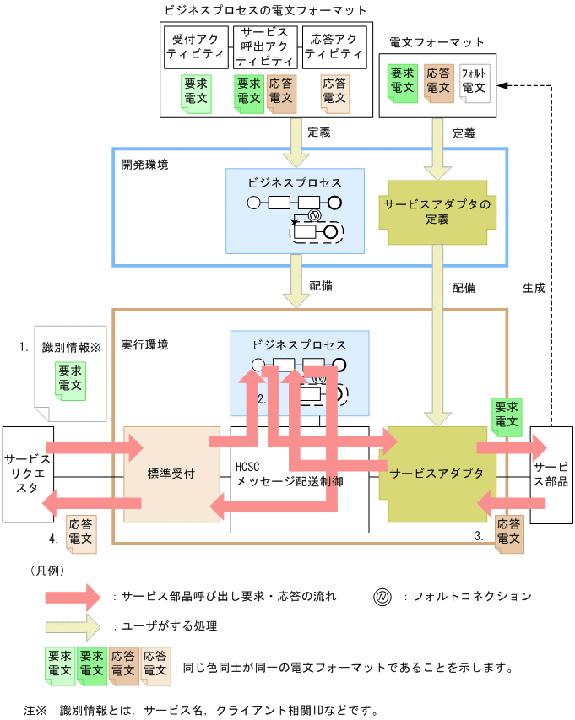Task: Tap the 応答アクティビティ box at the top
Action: coord(334,46)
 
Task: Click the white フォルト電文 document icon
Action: coord(475,82)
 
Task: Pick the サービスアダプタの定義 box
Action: coord(437,212)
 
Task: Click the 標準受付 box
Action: coord(171,474)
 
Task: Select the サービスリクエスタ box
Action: coord(27,474)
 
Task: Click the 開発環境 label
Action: coord(144,164)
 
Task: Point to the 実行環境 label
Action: coord(144,345)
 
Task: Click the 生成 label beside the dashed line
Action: coord(534,287)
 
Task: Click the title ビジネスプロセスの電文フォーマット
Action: coord(264,11)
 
